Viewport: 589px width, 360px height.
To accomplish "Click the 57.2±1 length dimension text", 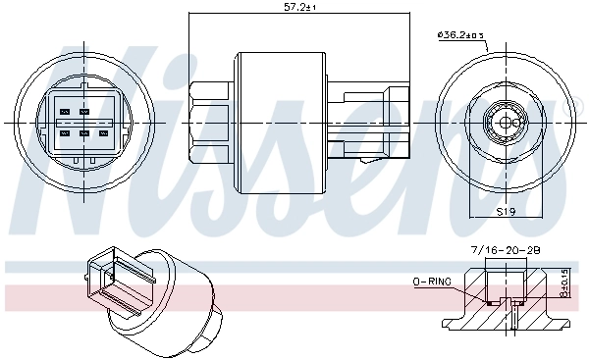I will point(296,7).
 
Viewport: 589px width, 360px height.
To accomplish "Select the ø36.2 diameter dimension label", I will point(460,36).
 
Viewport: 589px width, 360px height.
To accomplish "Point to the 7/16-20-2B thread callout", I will point(505,251).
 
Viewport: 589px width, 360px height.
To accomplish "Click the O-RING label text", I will point(432,282).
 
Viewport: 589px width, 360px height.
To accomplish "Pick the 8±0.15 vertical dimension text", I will point(563,285).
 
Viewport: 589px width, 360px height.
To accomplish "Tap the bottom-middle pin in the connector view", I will point(84,132).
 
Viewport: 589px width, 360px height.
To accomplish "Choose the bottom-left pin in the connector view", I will point(66,132).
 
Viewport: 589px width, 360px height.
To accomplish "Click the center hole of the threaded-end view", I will point(506,122).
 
